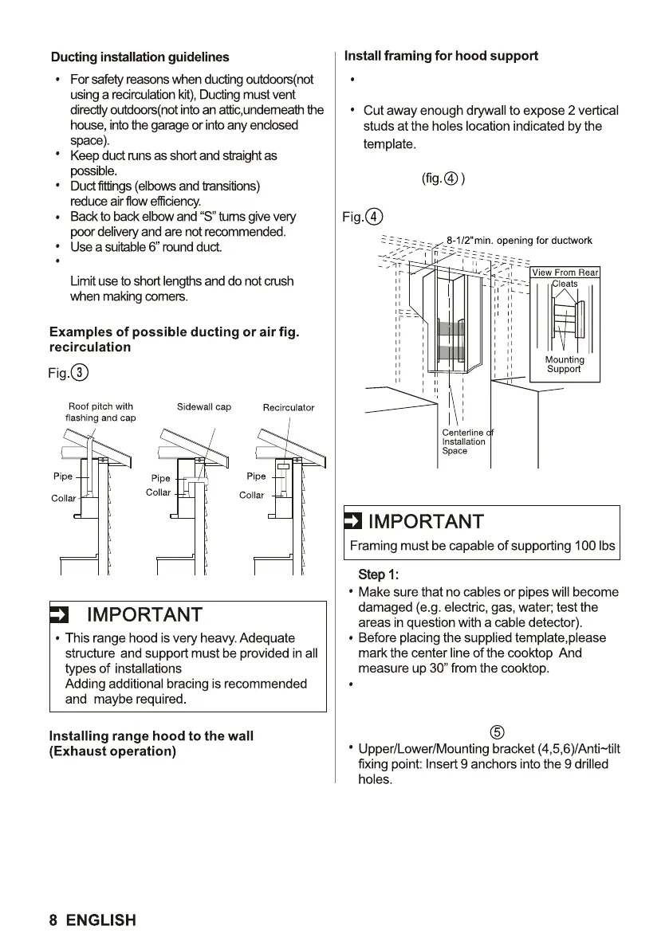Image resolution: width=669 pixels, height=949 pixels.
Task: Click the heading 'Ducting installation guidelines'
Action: tap(140, 57)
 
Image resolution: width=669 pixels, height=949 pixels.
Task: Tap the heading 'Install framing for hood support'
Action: tap(441, 56)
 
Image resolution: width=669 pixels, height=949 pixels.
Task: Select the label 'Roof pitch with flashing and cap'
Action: tap(100, 412)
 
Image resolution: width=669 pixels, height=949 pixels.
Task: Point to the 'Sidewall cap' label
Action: tap(204, 407)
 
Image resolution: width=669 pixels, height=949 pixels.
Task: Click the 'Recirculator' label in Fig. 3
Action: tap(289, 408)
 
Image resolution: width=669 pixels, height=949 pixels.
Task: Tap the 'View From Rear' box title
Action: tap(565, 273)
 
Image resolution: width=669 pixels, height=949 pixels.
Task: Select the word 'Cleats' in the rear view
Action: tap(565, 284)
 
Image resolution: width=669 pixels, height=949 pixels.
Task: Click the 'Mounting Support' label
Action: tap(564, 364)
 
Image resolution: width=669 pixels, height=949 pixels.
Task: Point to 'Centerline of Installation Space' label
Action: tap(466, 441)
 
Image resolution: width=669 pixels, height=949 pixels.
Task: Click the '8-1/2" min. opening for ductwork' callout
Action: tap(519, 241)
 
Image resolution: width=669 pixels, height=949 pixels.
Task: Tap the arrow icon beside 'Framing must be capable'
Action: tap(352, 523)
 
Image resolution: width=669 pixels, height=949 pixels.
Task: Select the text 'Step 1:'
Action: tap(376, 575)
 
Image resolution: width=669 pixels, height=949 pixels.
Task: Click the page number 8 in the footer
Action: tap(53, 920)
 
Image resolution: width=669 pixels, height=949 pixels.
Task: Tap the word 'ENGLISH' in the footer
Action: tap(101, 920)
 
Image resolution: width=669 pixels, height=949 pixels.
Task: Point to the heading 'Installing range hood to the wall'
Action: tap(152, 736)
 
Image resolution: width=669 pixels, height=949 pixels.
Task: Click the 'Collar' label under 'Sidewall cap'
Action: tap(159, 492)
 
